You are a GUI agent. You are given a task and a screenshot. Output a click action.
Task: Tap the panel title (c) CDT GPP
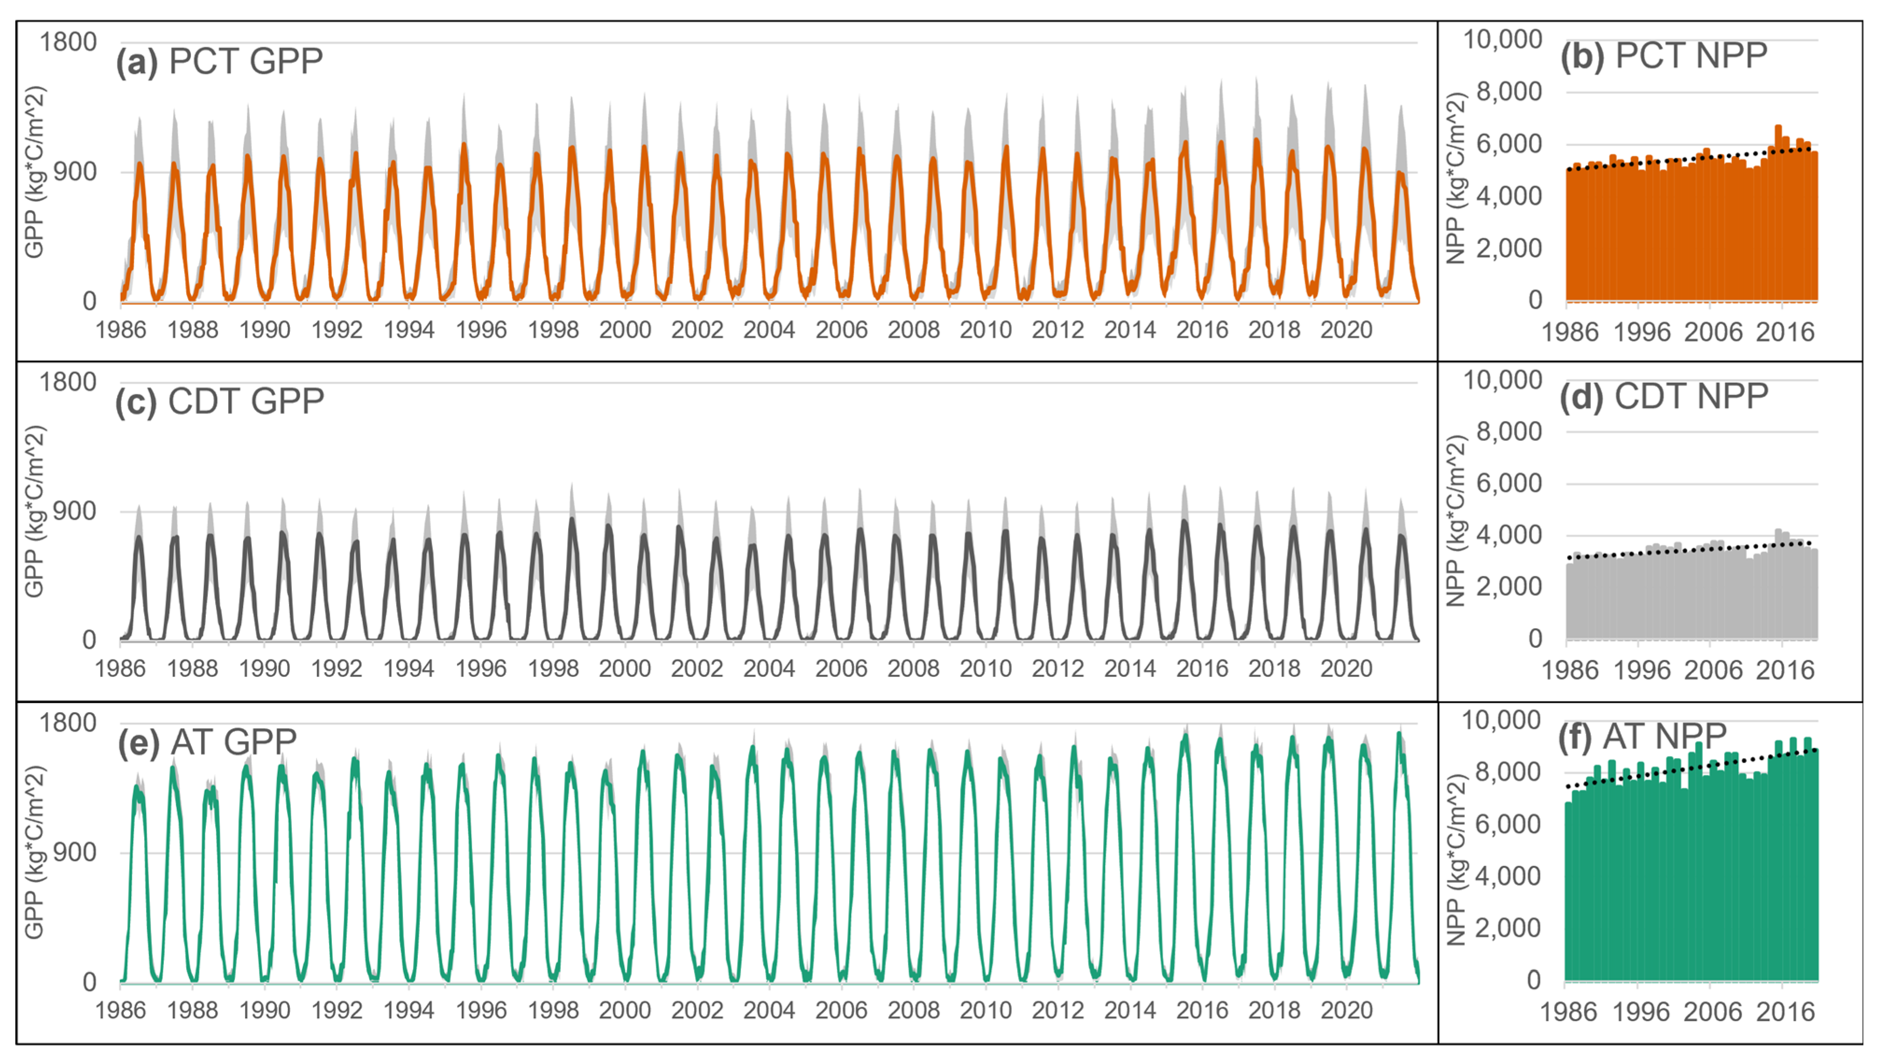coord(219,402)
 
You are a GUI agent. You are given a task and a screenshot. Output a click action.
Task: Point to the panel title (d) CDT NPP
coord(1664,397)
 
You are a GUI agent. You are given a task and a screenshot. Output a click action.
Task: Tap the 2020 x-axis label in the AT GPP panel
coord(1346,1011)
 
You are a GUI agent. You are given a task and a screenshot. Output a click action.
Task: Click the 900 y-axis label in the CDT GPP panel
coord(75,511)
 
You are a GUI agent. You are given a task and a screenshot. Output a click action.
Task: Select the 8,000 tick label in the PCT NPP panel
coord(1509,92)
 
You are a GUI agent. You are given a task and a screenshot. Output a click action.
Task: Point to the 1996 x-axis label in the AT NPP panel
coord(1640,1012)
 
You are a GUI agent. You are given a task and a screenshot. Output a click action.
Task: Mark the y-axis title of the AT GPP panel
coord(35,852)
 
